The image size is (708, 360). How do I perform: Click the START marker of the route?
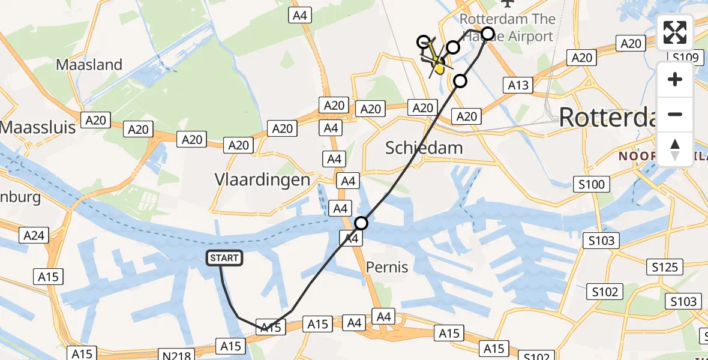click(224, 258)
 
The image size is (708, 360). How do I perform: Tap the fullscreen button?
click(675, 32)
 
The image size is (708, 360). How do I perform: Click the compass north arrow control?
click(675, 149)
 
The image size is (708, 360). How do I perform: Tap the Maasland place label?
click(89, 65)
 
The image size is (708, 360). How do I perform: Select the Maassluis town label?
click(37, 127)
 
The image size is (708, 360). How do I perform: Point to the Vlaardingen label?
click(262, 179)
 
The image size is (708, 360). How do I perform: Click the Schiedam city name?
click(424, 148)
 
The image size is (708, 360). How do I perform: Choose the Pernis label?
click(387, 267)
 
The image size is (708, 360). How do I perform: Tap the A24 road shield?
click(34, 236)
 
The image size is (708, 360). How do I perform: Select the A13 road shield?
click(518, 85)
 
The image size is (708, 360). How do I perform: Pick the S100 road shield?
click(592, 184)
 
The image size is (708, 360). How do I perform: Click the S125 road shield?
click(664, 266)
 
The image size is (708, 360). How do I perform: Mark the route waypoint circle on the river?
click(361, 224)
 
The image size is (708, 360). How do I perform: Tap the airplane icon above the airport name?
click(512, 5)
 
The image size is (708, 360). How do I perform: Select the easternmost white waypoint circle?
click(488, 34)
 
